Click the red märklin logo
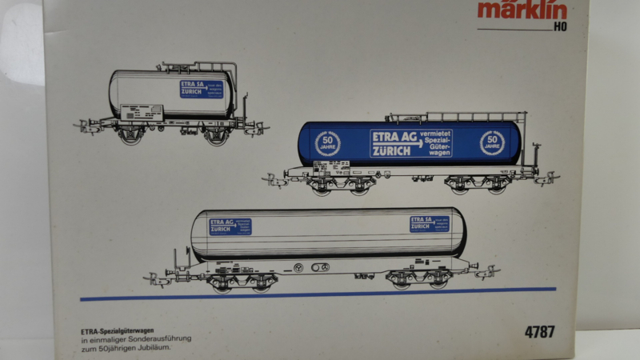[x=522, y=10]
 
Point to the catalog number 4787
[x=540, y=331]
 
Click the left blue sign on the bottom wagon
[x=230, y=226]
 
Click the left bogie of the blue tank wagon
[x=340, y=186]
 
